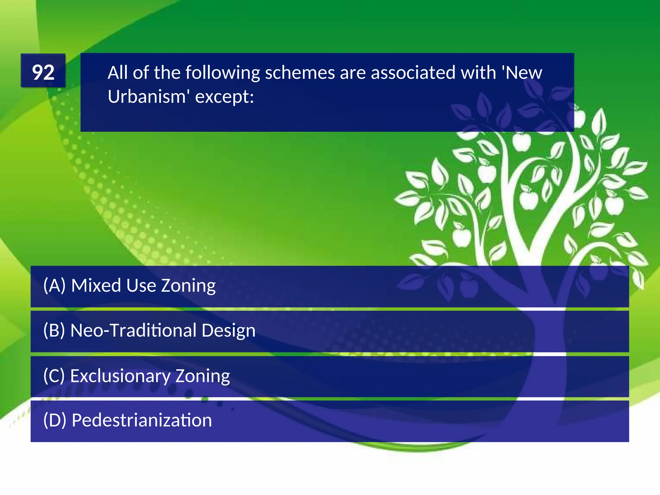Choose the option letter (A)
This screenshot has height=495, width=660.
(54, 286)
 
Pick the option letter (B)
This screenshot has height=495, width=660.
(54, 331)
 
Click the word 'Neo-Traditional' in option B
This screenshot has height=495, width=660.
(133, 331)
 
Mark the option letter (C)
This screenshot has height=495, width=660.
(54, 376)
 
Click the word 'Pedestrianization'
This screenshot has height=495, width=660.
(142, 421)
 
